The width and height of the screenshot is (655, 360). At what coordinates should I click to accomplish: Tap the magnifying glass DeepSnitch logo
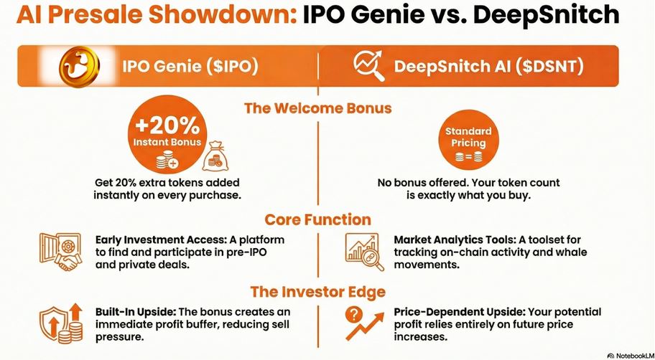coord(369,66)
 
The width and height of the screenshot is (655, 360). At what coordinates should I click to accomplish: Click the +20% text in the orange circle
coord(167,125)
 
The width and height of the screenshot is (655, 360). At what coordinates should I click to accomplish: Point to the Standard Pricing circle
coord(468,141)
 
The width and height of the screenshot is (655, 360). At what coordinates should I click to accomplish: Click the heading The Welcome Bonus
coord(318,108)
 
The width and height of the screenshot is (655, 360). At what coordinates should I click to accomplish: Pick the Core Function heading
coord(317,219)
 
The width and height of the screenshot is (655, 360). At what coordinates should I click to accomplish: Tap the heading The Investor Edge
coord(318,292)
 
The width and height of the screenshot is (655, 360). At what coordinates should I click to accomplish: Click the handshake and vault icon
coord(60,252)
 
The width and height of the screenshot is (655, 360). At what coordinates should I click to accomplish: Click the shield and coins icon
coord(60,323)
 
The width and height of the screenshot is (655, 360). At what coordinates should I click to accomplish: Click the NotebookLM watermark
coord(630,356)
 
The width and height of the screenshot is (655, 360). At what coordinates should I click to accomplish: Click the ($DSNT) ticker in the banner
coord(549,67)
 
